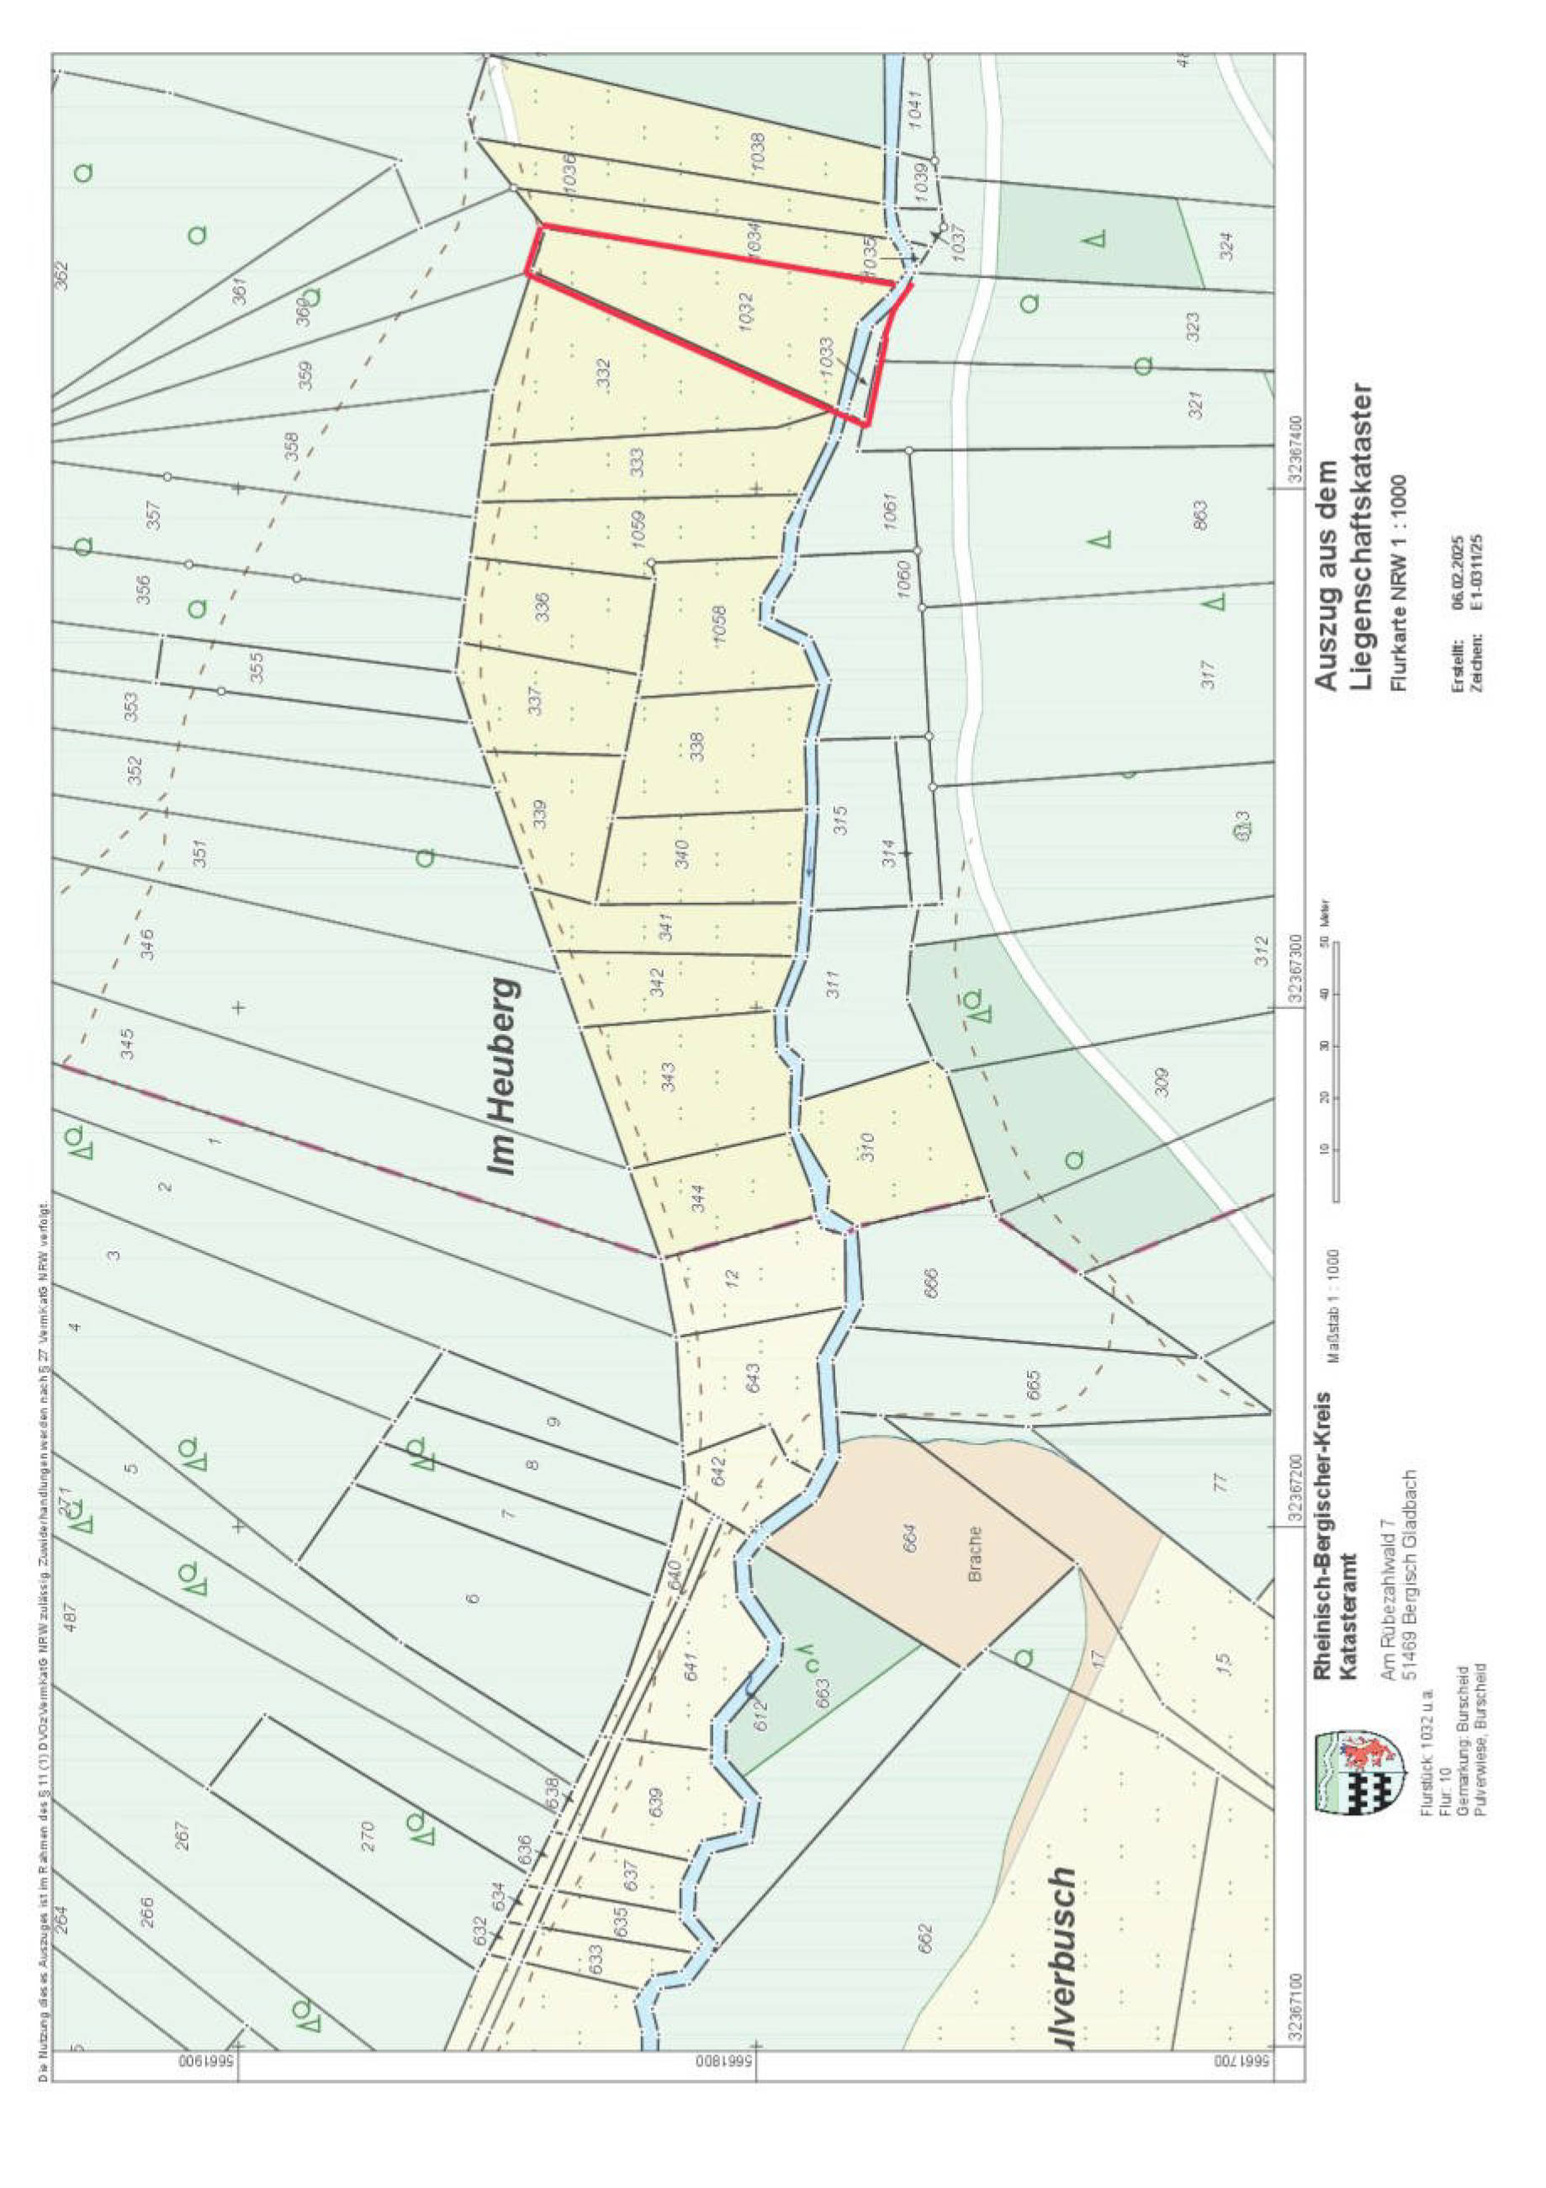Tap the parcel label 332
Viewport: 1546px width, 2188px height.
pyautogui.click(x=602, y=373)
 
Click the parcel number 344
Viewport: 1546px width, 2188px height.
pyautogui.click(x=698, y=1197)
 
